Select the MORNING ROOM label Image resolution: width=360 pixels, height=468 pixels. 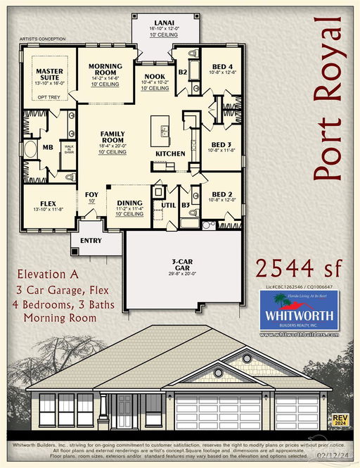tap(105, 69)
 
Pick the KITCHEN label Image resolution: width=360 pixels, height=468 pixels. tap(170, 153)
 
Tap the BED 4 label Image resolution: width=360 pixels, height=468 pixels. tap(222, 67)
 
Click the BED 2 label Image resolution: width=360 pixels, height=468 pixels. tap(222, 194)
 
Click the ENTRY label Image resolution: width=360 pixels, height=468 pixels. tap(91, 241)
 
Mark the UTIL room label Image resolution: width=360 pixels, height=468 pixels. tap(167, 205)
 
